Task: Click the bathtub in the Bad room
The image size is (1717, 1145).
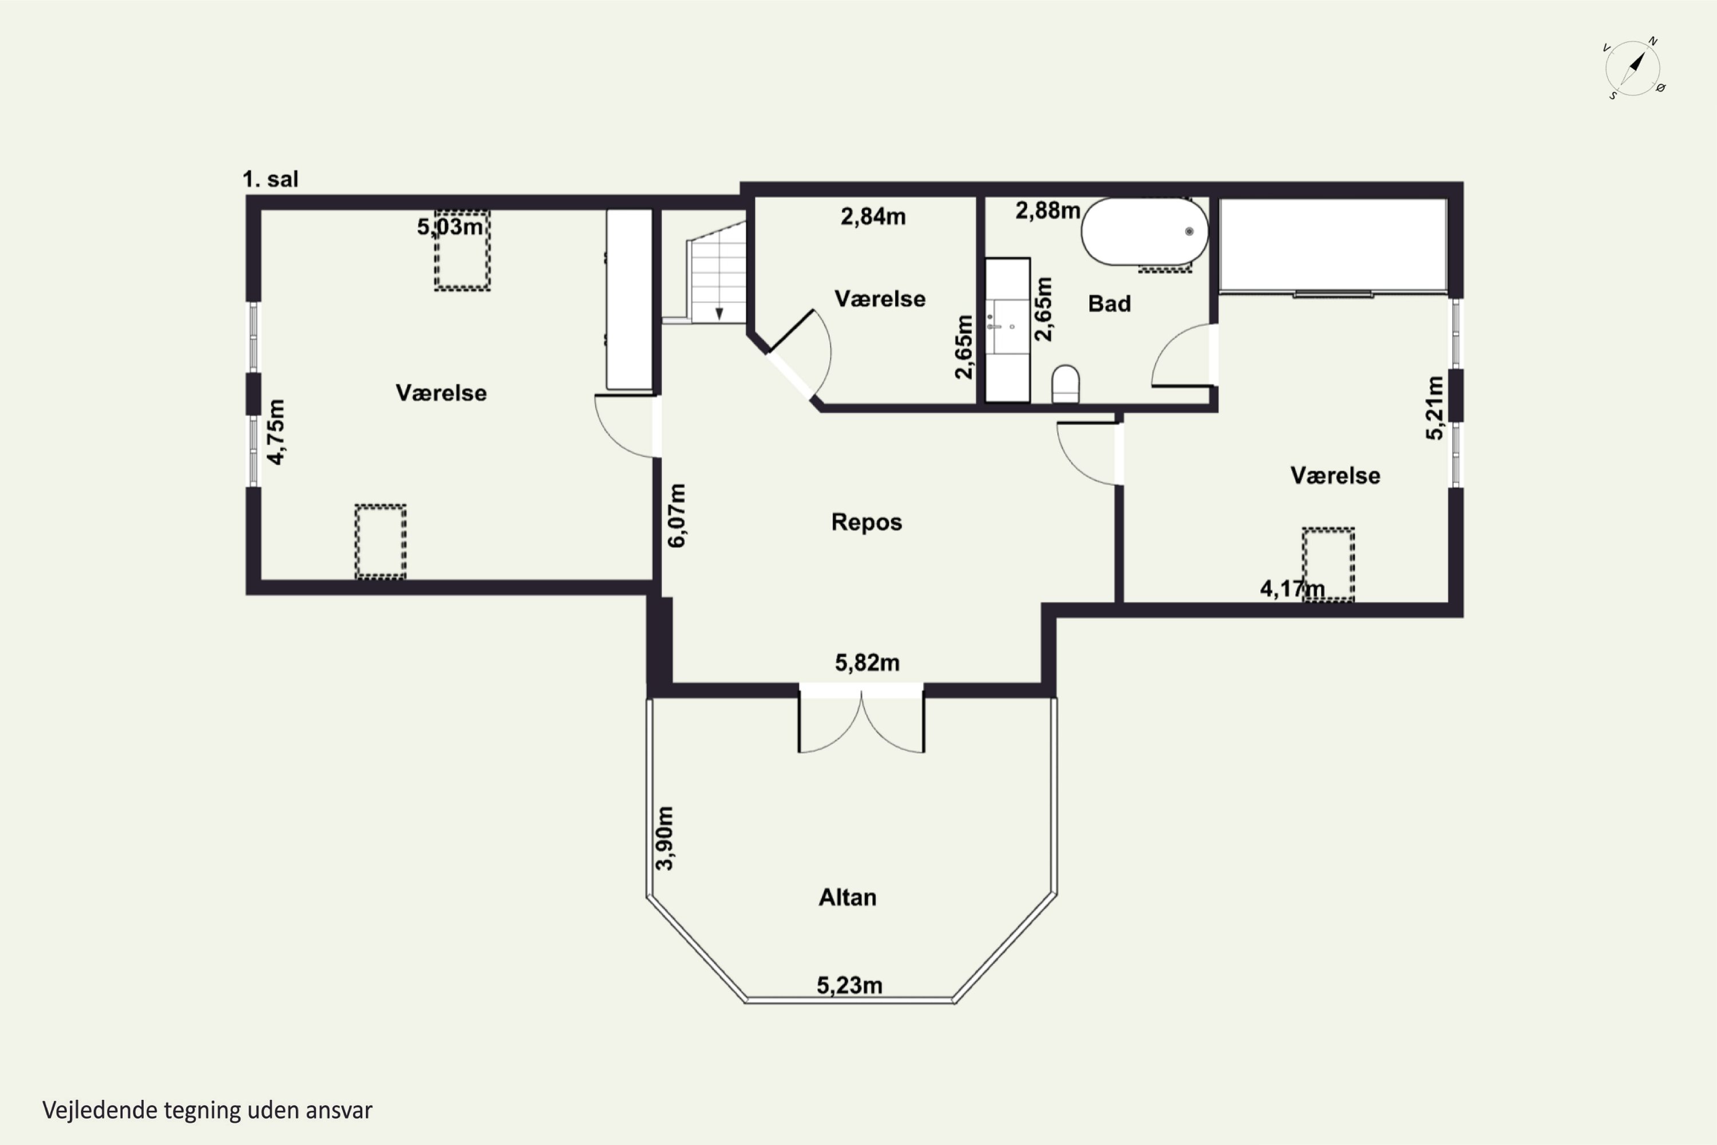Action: tap(1144, 231)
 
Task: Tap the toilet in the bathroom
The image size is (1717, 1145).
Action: tap(1066, 384)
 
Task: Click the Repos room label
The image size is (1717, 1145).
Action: tap(867, 522)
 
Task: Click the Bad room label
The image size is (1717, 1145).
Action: tap(1110, 304)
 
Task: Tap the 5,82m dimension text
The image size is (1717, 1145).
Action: tap(867, 662)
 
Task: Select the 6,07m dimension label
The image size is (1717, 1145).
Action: tap(676, 516)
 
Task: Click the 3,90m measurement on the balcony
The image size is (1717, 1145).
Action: tap(664, 838)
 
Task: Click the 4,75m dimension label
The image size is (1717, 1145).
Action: tap(276, 432)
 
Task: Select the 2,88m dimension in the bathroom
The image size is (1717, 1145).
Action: tap(1047, 210)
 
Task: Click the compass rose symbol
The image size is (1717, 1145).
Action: tap(1635, 69)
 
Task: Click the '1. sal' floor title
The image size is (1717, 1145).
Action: tap(270, 179)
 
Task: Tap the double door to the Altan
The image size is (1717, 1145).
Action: tap(861, 719)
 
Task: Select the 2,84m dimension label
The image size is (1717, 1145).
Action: tap(873, 216)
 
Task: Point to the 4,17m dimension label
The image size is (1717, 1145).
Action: tap(1292, 589)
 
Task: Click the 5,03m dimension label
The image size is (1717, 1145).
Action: tap(450, 226)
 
